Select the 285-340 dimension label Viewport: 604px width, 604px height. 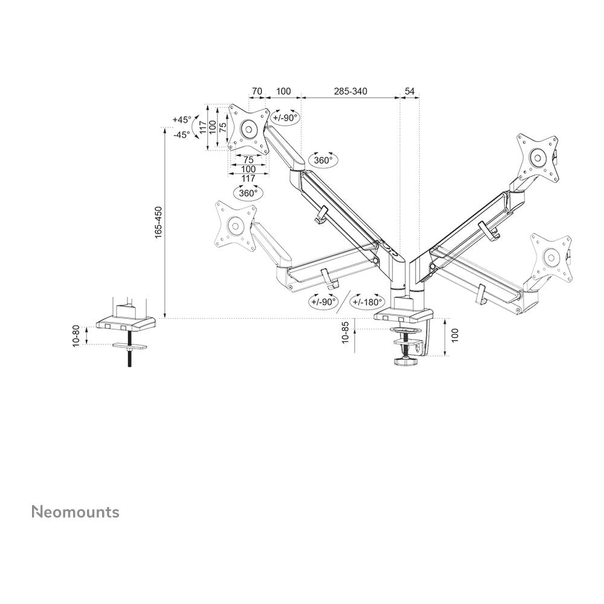(x=350, y=92)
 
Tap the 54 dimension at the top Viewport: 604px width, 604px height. (x=410, y=92)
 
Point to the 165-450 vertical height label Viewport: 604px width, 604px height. (x=158, y=222)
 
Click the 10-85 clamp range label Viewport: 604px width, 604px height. (x=345, y=333)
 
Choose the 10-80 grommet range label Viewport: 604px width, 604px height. (x=76, y=335)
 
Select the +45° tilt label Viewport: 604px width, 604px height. (x=182, y=120)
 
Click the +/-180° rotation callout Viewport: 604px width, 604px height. (x=368, y=301)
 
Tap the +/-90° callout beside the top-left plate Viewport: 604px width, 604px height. (x=285, y=118)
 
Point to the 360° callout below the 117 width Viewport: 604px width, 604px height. (x=248, y=193)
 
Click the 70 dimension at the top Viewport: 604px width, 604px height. (x=257, y=92)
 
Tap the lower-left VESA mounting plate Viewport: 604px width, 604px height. (x=235, y=225)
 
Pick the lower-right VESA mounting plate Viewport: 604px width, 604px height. (x=551, y=257)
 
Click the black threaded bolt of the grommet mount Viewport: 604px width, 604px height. (x=129, y=357)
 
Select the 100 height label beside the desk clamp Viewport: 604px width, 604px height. (x=455, y=335)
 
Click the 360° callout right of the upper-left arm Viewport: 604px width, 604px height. (x=323, y=160)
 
